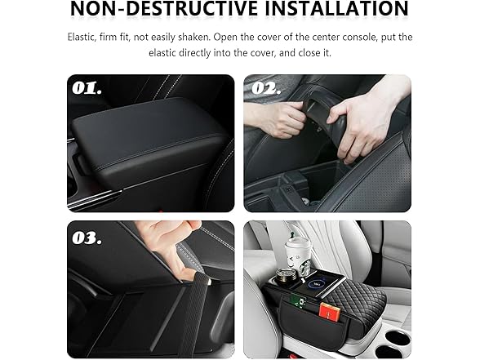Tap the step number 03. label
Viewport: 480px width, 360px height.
[87, 238]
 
